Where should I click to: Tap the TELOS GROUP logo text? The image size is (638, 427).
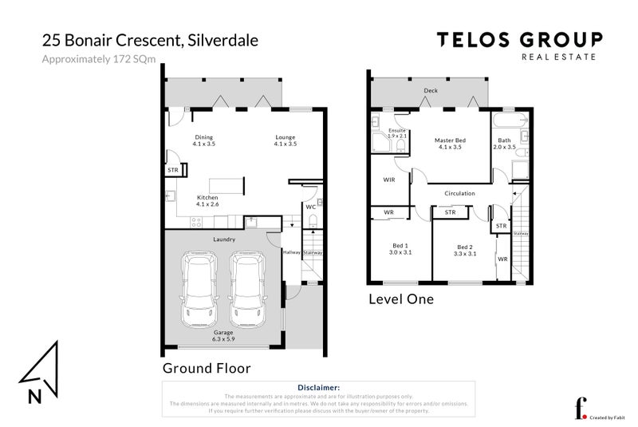[518, 39]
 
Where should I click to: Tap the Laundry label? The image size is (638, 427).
[223, 239]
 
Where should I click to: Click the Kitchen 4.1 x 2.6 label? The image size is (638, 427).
[207, 200]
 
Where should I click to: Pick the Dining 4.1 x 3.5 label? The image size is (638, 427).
[205, 140]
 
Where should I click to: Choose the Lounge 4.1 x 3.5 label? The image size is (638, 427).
[285, 140]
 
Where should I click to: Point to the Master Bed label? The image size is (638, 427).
[450, 144]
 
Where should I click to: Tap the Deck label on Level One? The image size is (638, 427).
[431, 92]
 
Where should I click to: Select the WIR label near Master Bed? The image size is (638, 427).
[389, 180]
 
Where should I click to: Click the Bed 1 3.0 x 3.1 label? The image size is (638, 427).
[400, 250]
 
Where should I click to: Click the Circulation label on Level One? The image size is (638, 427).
[459, 193]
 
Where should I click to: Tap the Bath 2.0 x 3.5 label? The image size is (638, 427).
[505, 144]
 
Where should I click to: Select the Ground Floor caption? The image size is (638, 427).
[207, 368]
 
